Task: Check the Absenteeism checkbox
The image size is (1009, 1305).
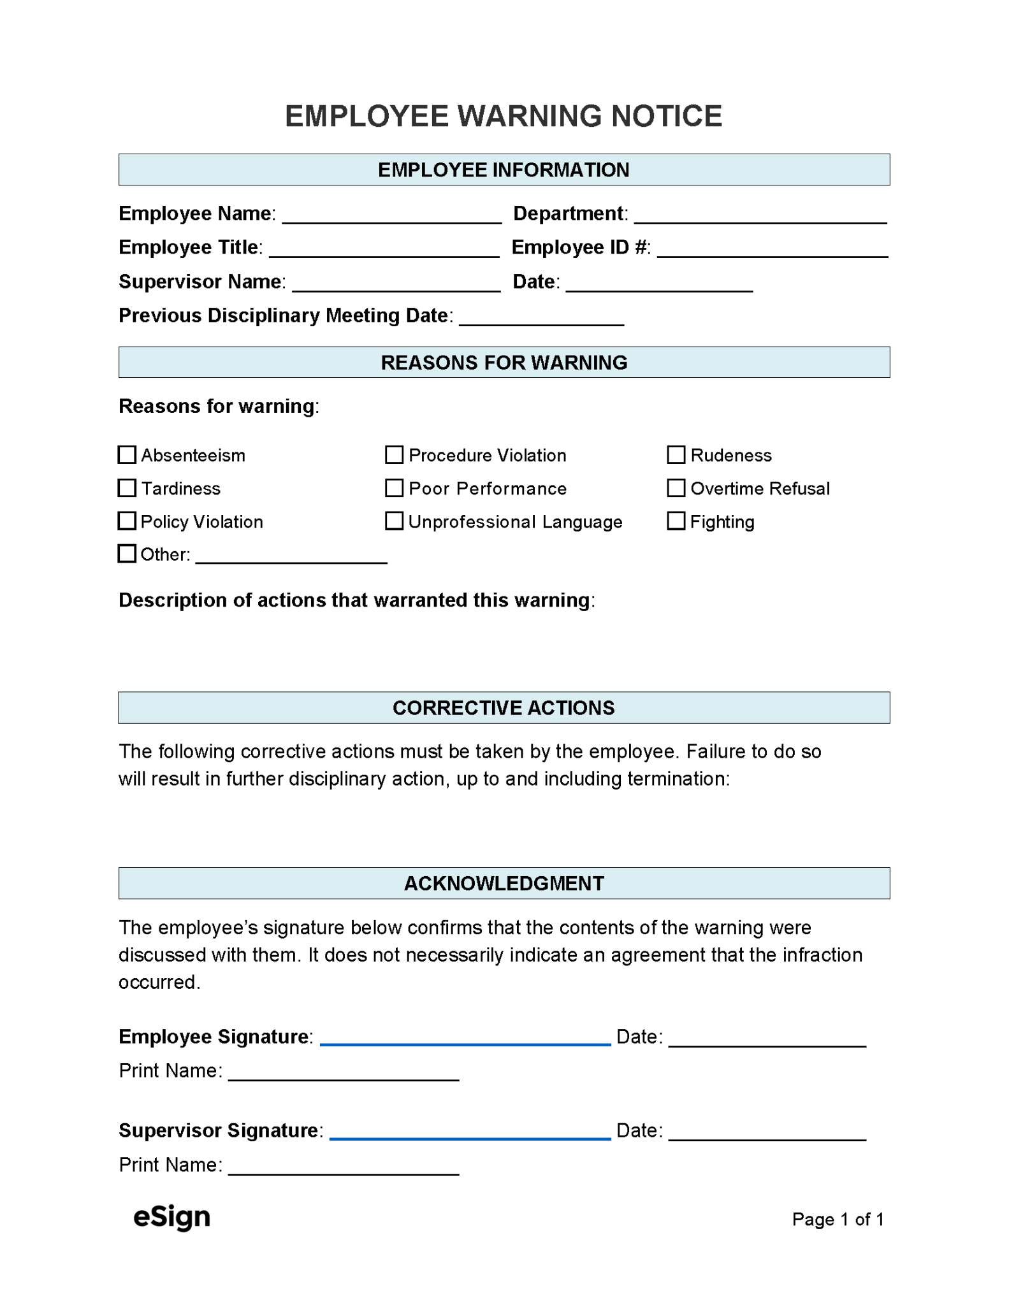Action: pyautogui.click(x=127, y=454)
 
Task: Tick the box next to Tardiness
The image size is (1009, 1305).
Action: pyautogui.click(x=127, y=487)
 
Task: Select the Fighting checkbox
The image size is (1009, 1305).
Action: pyautogui.click(x=676, y=521)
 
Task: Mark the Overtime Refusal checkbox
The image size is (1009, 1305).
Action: pyautogui.click(x=676, y=487)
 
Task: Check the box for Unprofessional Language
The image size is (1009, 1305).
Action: pyautogui.click(x=394, y=521)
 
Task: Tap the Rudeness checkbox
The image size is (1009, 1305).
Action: pyautogui.click(x=676, y=454)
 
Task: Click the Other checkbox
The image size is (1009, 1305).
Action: pyautogui.click(x=127, y=553)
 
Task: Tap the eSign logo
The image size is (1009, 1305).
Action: pyautogui.click(x=171, y=1217)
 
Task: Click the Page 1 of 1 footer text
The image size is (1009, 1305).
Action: pyautogui.click(x=837, y=1219)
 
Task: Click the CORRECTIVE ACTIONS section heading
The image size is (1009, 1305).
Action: pyautogui.click(x=504, y=707)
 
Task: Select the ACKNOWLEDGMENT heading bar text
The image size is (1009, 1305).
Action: pyautogui.click(x=504, y=883)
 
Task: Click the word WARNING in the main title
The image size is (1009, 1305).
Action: pyautogui.click(x=530, y=116)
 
